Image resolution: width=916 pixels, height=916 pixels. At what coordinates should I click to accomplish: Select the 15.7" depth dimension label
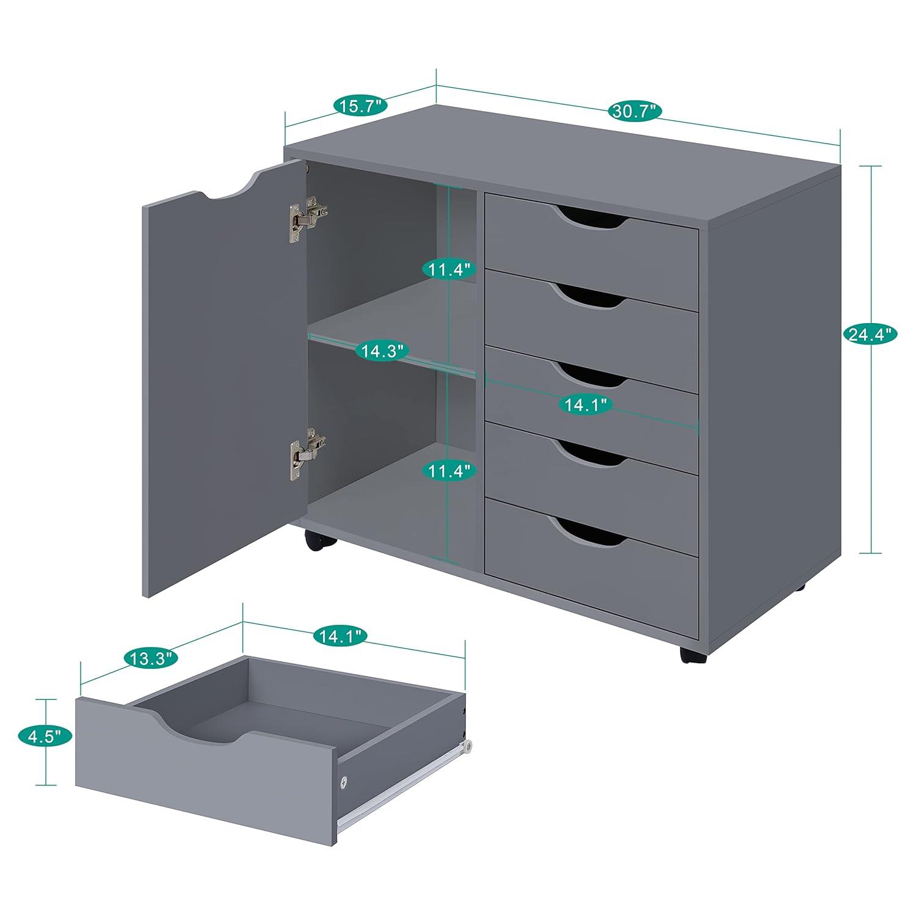pos(360,105)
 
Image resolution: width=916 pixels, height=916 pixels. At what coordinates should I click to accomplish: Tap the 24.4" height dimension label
pos(870,333)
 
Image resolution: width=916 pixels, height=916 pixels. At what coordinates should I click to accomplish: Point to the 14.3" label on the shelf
pos(382,351)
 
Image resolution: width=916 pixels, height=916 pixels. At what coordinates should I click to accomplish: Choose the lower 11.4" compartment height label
pos(449,471)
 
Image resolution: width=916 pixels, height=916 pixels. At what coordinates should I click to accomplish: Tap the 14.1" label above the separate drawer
pos(340,636)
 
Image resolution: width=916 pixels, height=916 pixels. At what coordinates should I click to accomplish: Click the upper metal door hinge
pos(307,216)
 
